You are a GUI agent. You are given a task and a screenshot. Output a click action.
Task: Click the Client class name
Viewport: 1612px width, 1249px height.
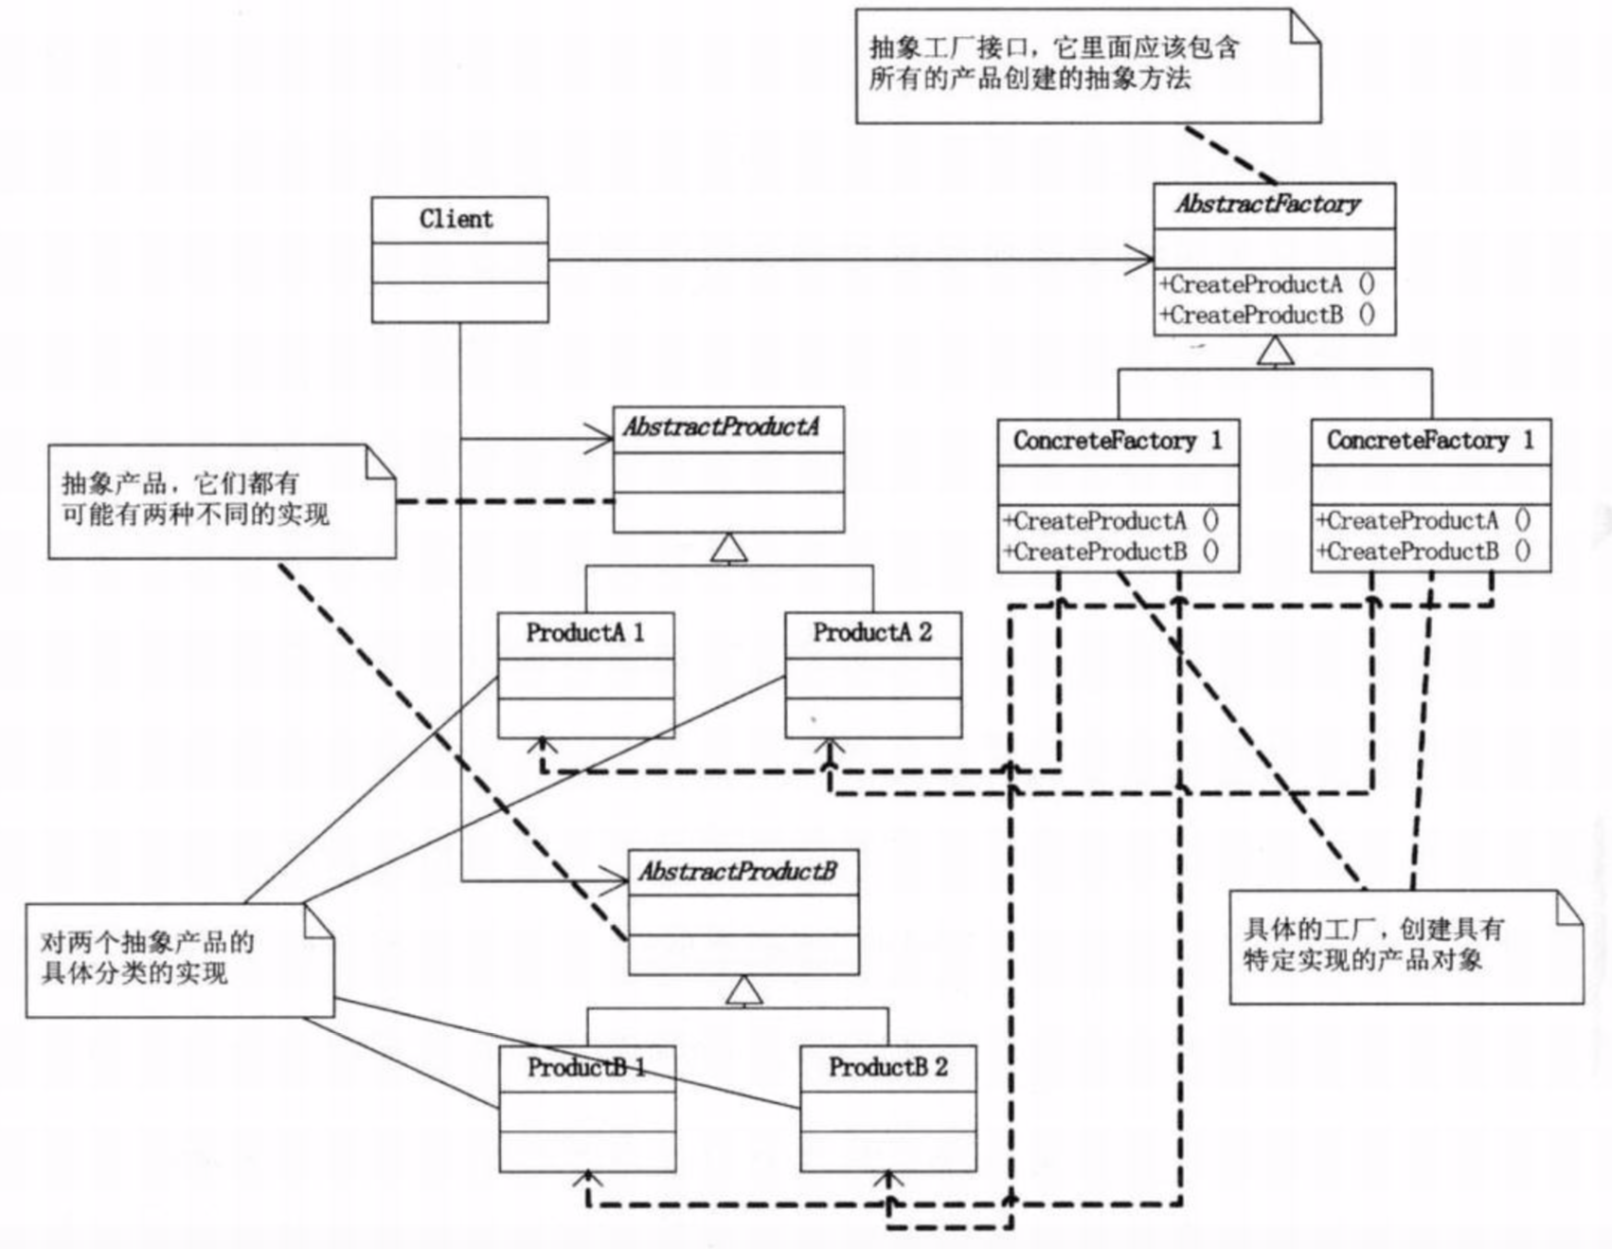457,219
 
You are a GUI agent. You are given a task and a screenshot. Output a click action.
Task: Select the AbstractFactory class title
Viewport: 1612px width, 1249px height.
1268,204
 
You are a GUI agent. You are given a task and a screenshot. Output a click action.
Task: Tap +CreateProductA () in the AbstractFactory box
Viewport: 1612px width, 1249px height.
1267,283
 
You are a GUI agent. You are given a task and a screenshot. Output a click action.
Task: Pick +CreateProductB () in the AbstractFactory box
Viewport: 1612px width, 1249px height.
1267,315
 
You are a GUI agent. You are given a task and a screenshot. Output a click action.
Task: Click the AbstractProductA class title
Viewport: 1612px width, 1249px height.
721,426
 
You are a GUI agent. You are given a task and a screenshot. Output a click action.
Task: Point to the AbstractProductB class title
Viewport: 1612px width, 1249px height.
738,871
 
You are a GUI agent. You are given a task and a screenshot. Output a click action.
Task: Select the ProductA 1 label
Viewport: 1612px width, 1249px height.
585,632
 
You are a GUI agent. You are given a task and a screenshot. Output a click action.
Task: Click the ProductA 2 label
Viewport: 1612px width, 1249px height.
872,632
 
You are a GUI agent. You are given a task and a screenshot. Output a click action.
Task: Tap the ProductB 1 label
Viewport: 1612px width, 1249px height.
587,1067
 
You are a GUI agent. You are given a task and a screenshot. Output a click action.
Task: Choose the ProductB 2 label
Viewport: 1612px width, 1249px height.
888,1067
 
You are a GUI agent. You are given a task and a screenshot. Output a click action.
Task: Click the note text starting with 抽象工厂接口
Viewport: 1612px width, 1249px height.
1054,63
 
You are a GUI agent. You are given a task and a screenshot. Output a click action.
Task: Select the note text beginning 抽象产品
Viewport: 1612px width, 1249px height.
196,498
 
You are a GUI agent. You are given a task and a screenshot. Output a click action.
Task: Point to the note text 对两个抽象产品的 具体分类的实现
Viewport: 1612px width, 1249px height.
148,957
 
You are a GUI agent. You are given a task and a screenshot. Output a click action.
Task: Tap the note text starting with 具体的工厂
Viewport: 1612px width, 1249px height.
1373,944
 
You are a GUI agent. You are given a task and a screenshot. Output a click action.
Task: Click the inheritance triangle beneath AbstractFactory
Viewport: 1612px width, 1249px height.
1276,351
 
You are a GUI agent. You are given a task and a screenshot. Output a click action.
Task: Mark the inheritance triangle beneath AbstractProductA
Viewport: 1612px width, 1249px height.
728,548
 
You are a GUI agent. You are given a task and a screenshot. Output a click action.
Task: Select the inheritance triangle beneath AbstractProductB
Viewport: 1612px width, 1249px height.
744,990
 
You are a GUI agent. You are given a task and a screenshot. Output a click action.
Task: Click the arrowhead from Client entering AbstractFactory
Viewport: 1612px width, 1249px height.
1139,259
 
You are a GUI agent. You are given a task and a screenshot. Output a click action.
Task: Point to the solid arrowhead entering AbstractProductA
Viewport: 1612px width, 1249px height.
599,439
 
